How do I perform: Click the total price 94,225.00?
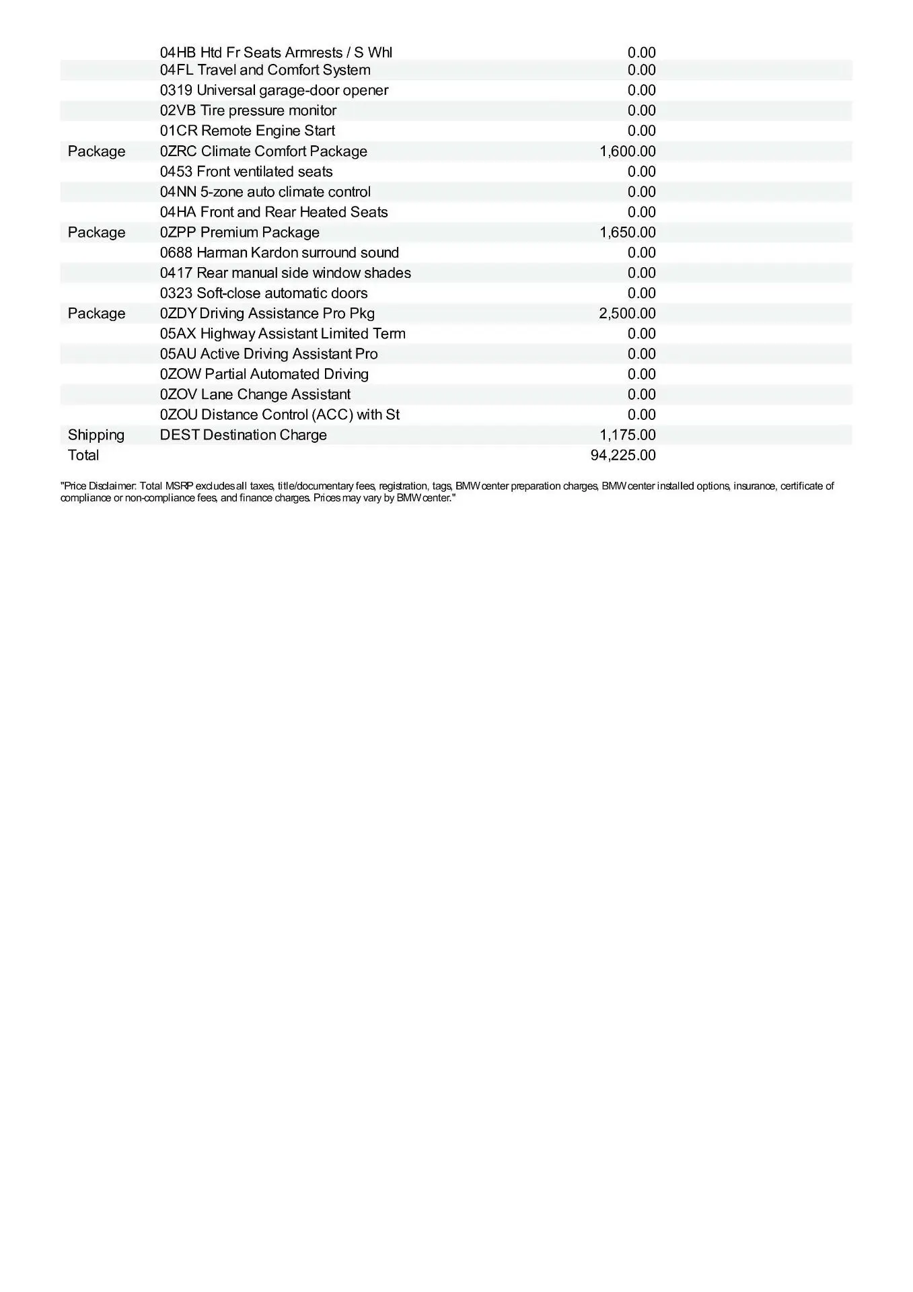click(x=622, y=455)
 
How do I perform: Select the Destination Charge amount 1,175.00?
click(x=627, y=435)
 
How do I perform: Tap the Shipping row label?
click(x=96, y=435)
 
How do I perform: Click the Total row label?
click(x=83, y=455)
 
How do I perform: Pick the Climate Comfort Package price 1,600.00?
click(x=627, y=151)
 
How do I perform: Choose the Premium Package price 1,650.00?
click(x=627, y=232)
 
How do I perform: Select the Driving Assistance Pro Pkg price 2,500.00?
click(x=627, y=314)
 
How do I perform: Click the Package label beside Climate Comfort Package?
click(x=96, y=151)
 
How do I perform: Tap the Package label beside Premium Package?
click(x=96, y=232)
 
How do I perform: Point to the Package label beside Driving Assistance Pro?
click(x=96, y=314)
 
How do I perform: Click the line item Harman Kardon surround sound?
click(x=279, y=252)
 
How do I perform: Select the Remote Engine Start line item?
click(x=247, y=131)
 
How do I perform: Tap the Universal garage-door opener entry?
click(x=274, y=90)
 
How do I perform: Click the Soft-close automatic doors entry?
click(x=264, y=293)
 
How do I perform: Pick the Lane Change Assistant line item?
click(x=255, y=394)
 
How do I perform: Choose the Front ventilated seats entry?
click(x=246, y=172)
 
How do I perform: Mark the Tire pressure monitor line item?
click(x=248, y=110)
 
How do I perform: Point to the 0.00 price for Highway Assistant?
click(x=641, y=334)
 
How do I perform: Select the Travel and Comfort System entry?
click(x=265, y=70)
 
